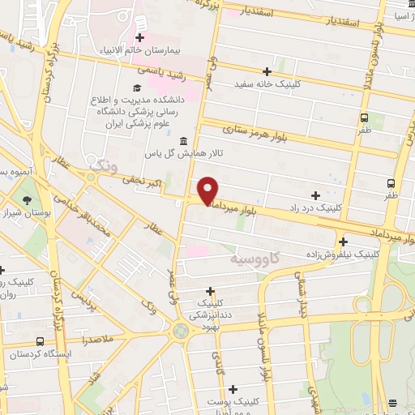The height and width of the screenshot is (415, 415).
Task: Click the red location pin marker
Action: (208, 190)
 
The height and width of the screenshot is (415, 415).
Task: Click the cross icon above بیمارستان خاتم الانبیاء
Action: (140, 37)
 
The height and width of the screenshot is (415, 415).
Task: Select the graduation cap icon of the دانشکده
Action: (137, 87)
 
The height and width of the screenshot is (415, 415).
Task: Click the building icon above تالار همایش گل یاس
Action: (183, 139)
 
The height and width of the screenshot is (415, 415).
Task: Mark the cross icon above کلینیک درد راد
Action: (315, 195)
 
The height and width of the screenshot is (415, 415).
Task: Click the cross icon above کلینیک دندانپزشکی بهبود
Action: (211, 291)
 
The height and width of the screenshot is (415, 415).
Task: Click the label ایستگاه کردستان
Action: (41, 355)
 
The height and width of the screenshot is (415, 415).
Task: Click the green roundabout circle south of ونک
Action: (180, 331)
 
